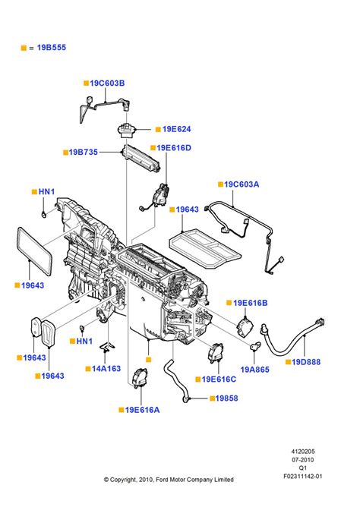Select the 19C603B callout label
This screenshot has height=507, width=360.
[x=107, y=83]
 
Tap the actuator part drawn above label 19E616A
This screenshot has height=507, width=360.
[x=140, y=377]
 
